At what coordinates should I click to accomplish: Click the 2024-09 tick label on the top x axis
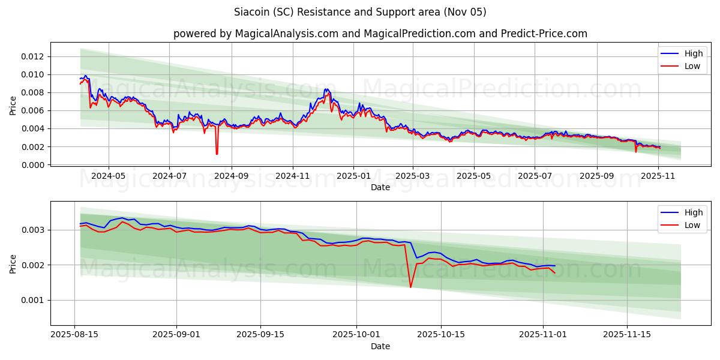click(231, 176)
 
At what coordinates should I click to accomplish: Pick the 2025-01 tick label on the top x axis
click(353, 176)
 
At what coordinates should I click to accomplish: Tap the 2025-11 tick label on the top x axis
click(658, 176)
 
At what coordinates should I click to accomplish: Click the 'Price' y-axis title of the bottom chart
click(13, 263)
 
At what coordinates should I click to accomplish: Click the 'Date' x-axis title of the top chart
click(380, 187)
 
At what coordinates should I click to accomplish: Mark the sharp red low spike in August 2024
click(217, 154)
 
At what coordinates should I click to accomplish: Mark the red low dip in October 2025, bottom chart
click(410, 287)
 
